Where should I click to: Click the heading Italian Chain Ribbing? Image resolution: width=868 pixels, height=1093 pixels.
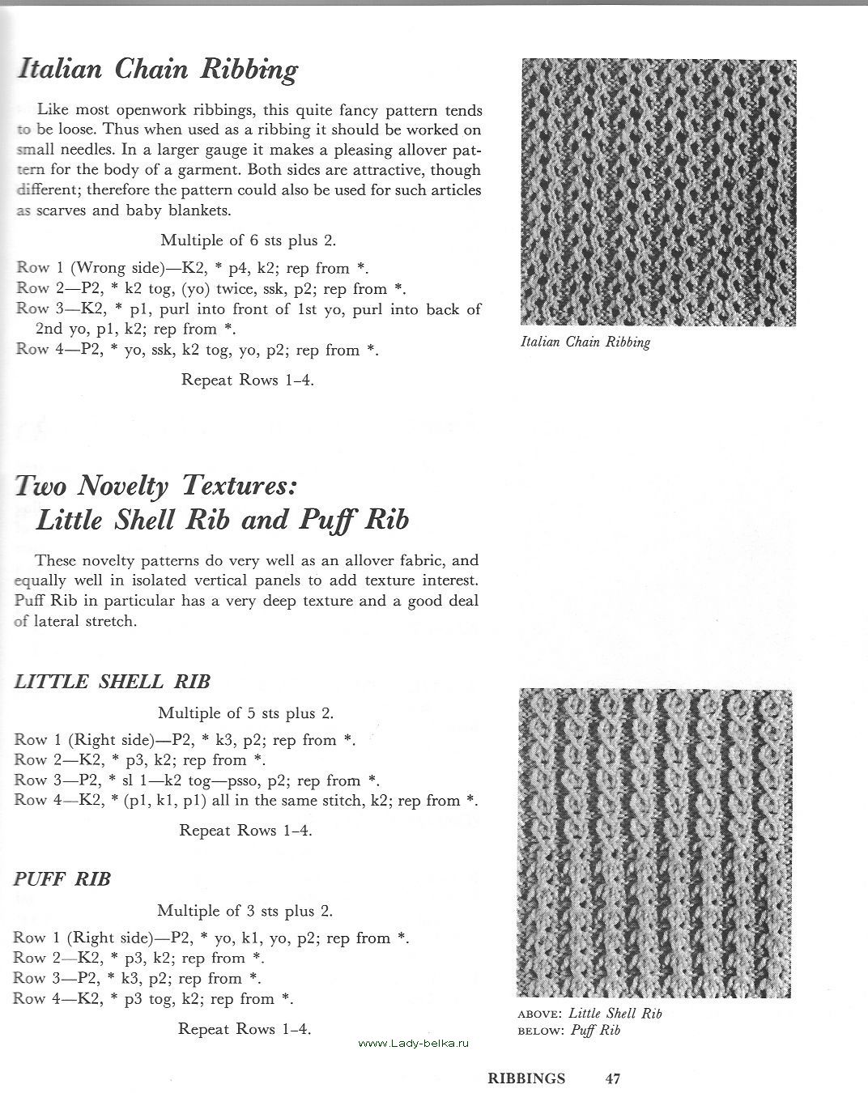pyautogui.click(x=158, y=70)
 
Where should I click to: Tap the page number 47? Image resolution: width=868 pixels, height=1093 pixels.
pyautogui.click(x=613, y=1078)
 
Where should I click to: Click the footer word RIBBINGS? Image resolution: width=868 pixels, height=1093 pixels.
pyautogui.click(x=526, y=1078)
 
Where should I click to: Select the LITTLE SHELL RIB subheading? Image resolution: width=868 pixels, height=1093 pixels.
pyautogui.click(x=113, y=681)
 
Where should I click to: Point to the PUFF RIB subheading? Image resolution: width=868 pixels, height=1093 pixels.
pyautogui.click(x=62, y=878)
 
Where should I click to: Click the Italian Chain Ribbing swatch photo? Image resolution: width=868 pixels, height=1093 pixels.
pyautogui.click(x=658, y=192)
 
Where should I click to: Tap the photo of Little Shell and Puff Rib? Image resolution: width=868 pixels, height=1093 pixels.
pyautogui.click(x=654, y=842)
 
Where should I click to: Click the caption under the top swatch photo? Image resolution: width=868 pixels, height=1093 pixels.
pyautogui.click(x=585, y=342)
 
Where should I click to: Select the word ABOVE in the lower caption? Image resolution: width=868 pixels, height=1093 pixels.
pyautogui.click(x=540, y=1014)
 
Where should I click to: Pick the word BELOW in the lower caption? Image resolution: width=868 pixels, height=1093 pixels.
pyautogui.click(x=541, y=1031)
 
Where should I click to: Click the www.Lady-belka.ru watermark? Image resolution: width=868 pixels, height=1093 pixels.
pyautogui.click(x=414, y=1044)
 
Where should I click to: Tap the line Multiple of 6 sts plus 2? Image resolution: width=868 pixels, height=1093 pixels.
pyautogui.click(x=248, y=240)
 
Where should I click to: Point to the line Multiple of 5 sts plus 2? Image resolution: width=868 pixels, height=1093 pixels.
pyautogui.click(x=245, y=712)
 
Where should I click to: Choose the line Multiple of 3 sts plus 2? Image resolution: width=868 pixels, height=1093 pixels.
pyautogui.click(x=245, y=910)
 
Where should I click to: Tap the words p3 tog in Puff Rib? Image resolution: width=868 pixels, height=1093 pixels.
pyautogui.click(x=150, y=998)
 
